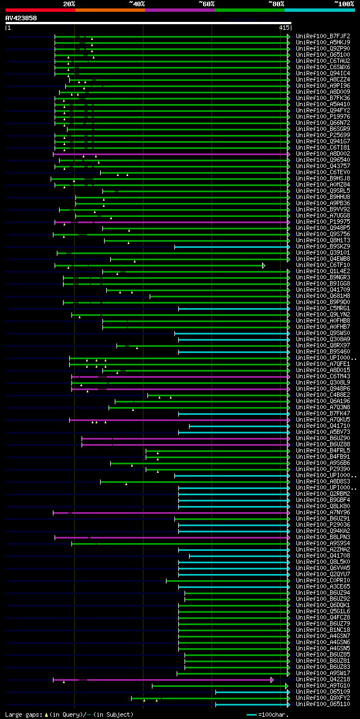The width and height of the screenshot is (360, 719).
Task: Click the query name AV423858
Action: click(x=21, y=18)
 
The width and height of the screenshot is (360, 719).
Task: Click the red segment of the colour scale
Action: click(x=40, y=10)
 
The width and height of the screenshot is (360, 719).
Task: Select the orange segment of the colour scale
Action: click(x=110, y=10)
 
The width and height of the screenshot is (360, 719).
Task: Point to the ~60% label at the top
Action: click(x=206, y=4)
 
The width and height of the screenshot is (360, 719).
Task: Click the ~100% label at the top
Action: click(x=344, y=4)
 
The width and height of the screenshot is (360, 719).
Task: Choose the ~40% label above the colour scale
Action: click(x=137, y=4)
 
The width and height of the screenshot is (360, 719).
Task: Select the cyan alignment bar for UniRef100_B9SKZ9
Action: click(x=231, y=247)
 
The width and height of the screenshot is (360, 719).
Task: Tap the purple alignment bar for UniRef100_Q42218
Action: click(x=169, y=680)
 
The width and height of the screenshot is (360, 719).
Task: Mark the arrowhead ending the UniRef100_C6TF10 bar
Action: click(x=263, y=265)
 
